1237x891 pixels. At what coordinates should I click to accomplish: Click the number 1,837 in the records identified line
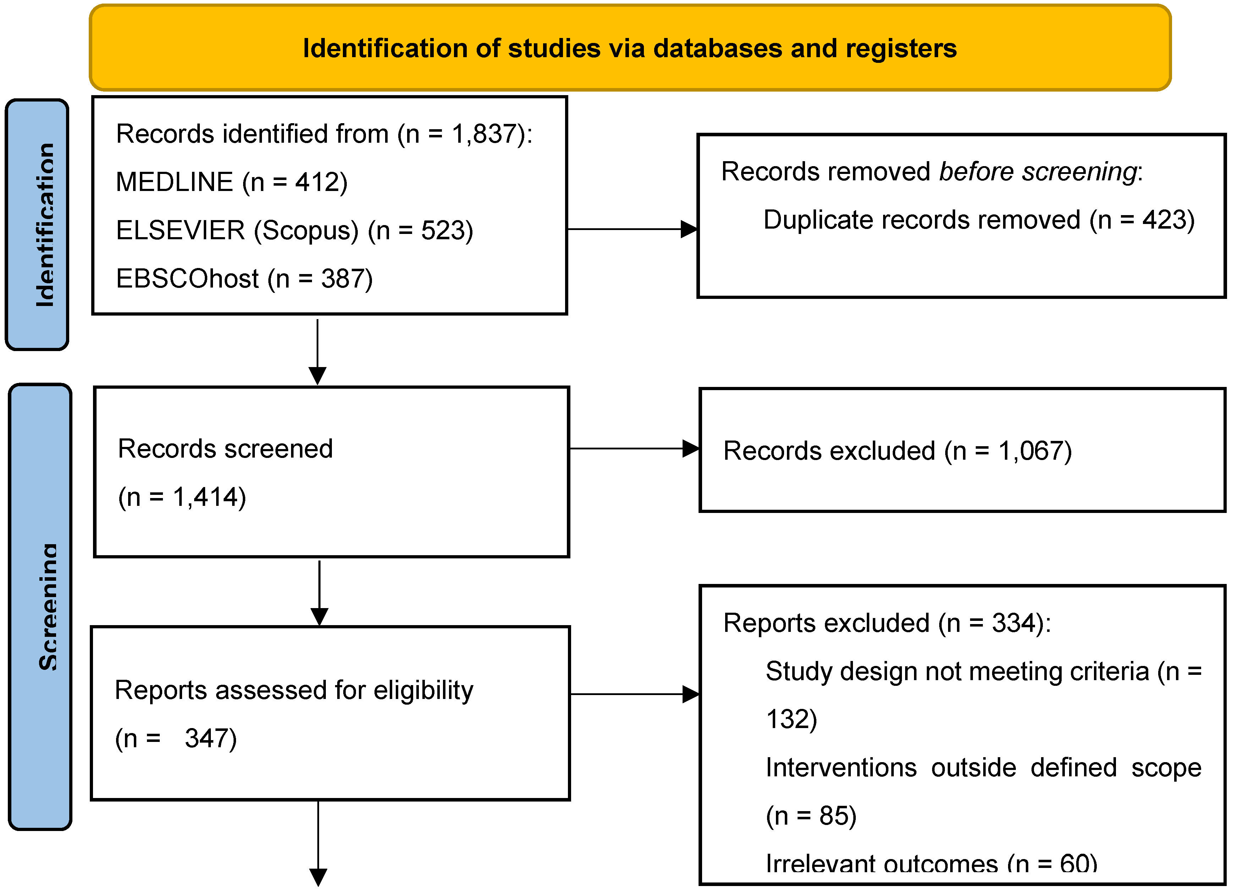tap(484, 134)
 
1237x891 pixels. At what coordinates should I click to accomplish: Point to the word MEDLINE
tap(175, 182)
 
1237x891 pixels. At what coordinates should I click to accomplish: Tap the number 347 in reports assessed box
tap(203, 739)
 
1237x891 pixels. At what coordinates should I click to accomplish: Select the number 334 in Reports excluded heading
tap(1013, 623)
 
